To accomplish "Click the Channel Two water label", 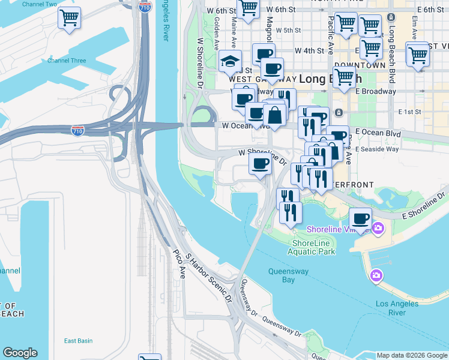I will click(x=39, y=4).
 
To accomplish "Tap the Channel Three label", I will click(x=67, y=61).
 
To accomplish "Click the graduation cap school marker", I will click(x=230, y=61).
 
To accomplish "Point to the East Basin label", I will click(x=78, y=341).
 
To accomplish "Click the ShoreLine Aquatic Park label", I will click(x=313, y=247).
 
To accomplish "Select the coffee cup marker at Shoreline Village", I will click(x=360, y=219).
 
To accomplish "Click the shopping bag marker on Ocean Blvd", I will click(x=274, y=115).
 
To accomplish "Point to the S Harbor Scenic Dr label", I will click(x=209, y=277).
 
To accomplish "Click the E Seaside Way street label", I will click(x=376, y=149).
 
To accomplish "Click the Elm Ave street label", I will click(x=415, y=28).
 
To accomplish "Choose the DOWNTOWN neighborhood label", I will click(x=360, y=65).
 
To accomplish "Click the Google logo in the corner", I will click(x=20, y=353).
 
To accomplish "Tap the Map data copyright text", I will click(x=412, y=355).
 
